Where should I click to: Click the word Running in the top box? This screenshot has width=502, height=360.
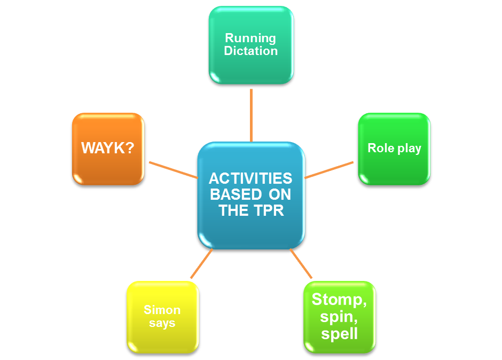[x=250, y=38]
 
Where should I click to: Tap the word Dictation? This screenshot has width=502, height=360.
[x=250, y=51]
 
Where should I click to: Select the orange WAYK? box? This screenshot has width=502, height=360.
[x=108, y=148]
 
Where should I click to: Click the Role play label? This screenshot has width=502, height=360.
[x=394, y=148]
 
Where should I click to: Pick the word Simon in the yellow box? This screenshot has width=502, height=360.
[x=162, y=310]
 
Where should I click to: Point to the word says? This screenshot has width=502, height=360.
[x=162, y=323]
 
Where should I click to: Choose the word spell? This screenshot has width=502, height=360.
[x=340, y=334]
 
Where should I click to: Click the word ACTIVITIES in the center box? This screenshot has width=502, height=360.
[x=250, y=178]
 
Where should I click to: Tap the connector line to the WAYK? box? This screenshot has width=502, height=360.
[x=172, y=169]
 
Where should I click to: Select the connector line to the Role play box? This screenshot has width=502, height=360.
[x=329, y=169]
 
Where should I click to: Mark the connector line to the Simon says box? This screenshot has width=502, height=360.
[x=201, y=264]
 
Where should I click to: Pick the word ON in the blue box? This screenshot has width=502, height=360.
[x=280, y=194]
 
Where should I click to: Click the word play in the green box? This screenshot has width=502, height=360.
[x=409, y=148]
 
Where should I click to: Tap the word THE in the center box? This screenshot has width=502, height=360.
[x=233, y=210]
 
